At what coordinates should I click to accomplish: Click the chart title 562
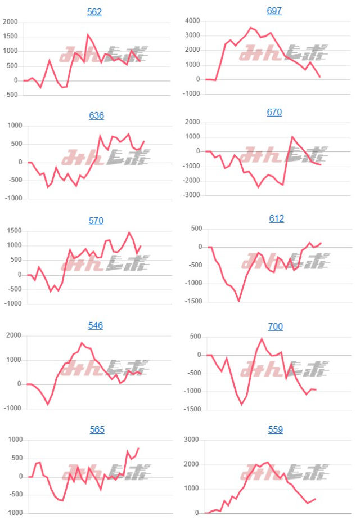pyautogui.click(x=94, y=12)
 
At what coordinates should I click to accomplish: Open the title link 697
pyautogui.click(x=274, y=11)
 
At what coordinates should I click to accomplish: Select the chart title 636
pyautogui.click(x=96, y=116)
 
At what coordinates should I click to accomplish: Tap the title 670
pyautogui.click(x=274, y=113)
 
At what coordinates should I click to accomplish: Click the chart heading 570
pyautogui.click(x=96, y=221)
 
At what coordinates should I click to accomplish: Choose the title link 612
pyautogui.click(x=276, y=218)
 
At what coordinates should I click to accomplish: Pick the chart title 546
pyautogui.click(x=96, y=325)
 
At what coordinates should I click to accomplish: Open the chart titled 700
pyautogui.click(x=276, y=326)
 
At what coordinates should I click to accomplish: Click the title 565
pyautogui.click(x=97, y=430)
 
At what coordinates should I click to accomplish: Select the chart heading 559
pyautogui.click(x=276, y=429)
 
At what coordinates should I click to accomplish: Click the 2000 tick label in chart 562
pyautogui.click(x=11, y=22)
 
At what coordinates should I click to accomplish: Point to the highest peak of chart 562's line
pyautogui.click(x=88, y=35)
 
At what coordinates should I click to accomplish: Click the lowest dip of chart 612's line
pyautogui.click(x=238, y=301)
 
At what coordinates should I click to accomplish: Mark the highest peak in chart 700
pyautogui.click(x=262, y=339)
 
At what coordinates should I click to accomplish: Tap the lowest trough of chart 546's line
pyautogui.click(x=48, y=404)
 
